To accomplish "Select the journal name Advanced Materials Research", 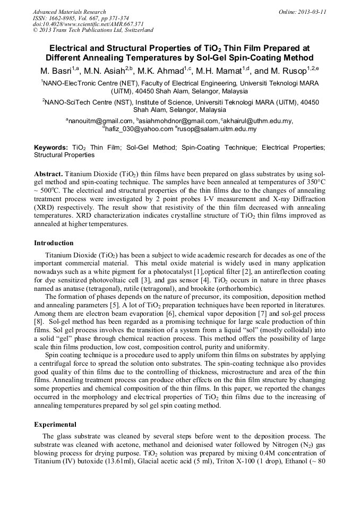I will (x=70, y=12).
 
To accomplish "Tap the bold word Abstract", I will (x=49, y=174).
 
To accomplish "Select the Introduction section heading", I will (x=54, y=243).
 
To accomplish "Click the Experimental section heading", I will (x=55, y=425).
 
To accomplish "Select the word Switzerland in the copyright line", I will (x=135, y=31).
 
